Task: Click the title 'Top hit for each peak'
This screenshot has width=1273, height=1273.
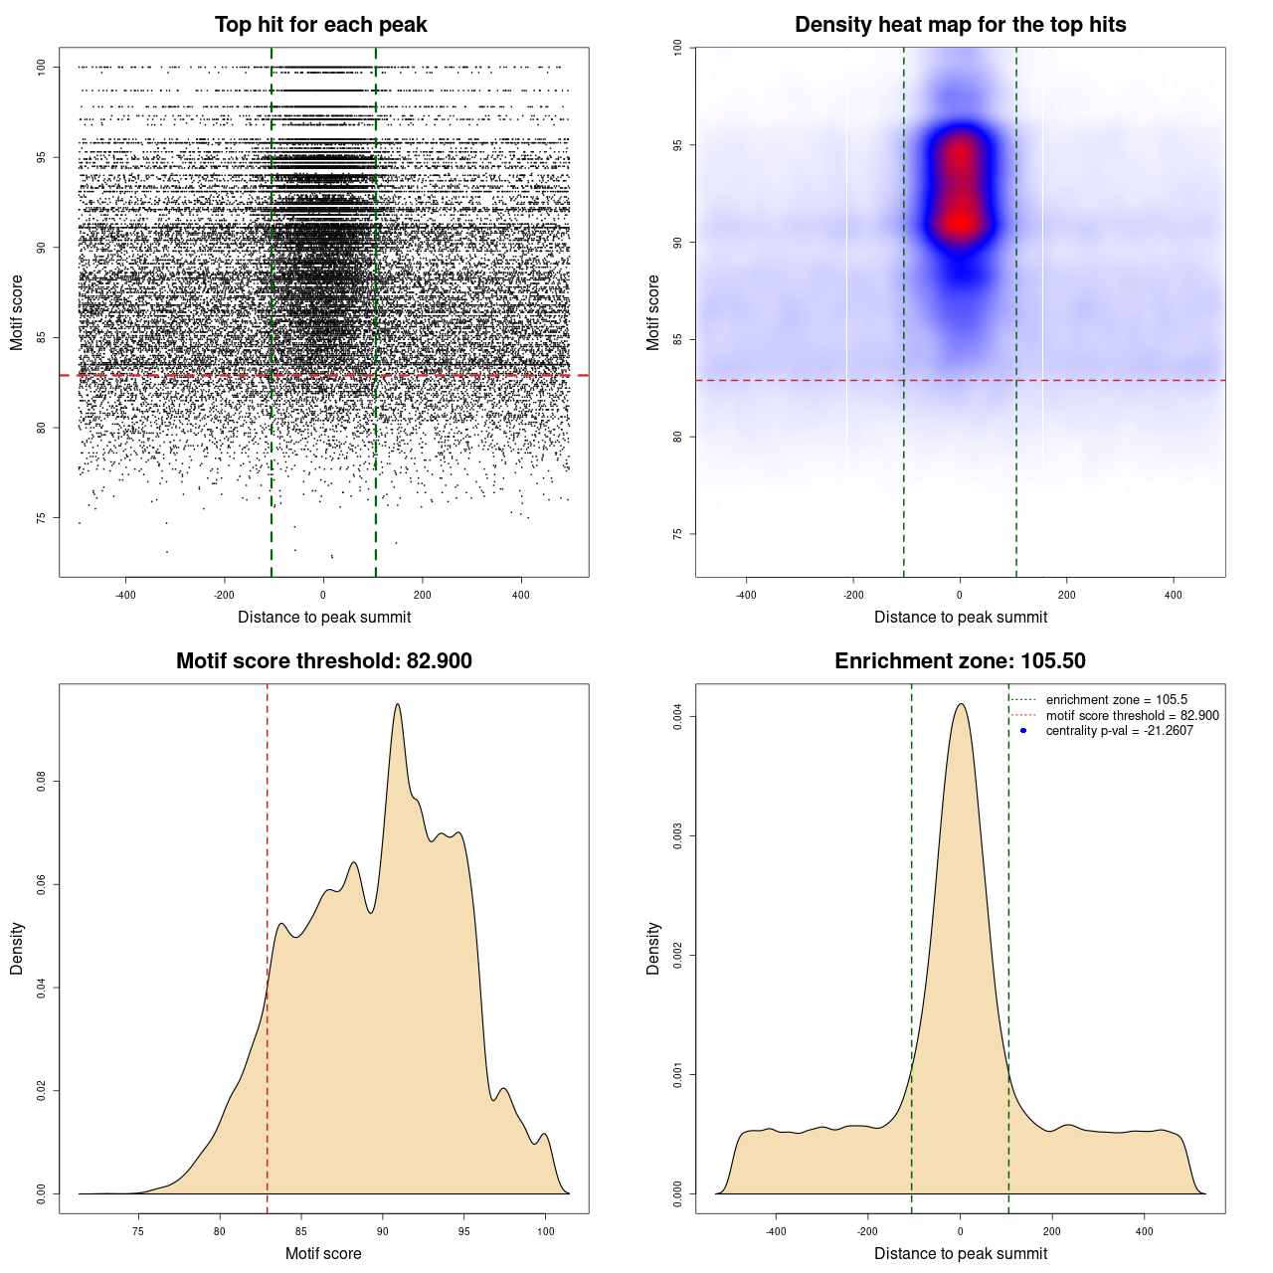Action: point(320,25)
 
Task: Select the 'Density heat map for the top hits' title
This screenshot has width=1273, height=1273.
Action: point(960,25)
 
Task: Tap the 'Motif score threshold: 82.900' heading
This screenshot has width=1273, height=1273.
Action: point(323,661)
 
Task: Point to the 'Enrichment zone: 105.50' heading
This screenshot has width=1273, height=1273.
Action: point(960,661)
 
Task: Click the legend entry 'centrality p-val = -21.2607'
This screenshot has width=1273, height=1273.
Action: point(1119,731)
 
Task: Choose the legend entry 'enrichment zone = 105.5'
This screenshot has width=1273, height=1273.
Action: point(1116,700)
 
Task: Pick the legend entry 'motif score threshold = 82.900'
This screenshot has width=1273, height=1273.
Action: point(1132,716)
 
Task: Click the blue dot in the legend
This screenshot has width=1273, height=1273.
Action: point(1023,731)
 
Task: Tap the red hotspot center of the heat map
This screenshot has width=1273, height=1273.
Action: point(960,221)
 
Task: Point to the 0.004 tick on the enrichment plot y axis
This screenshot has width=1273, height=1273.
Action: point(678,717)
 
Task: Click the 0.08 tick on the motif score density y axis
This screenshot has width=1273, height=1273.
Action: point(42,783)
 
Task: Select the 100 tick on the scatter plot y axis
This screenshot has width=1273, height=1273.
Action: point(42,67)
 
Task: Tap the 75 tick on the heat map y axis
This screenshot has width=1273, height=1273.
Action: point(678,534)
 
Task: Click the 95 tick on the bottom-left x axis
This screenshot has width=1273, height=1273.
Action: point(463,1231)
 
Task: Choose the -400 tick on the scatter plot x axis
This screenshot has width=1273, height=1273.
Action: point(125,595)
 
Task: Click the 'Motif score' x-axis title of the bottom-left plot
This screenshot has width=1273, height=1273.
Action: point(323,1253)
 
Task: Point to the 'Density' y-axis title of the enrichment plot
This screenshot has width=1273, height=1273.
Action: point(653,948)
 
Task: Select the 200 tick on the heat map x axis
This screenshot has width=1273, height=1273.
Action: point(1066,595)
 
